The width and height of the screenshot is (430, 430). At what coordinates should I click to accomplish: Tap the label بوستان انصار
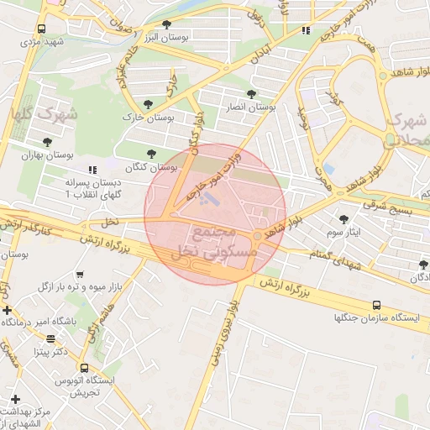click(x=251, y=107)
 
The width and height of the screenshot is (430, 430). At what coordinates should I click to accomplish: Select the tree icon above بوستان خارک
click(x=148, y=104)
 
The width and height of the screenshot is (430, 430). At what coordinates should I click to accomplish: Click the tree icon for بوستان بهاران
click(x=45, y=144)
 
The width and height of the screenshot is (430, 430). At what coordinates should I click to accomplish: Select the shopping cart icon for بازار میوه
click(x=80, y=275)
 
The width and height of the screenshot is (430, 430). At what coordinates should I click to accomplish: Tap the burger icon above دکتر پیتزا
click(x=51, y=339)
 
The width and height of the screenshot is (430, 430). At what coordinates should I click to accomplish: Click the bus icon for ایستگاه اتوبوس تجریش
click(x=83, y=368)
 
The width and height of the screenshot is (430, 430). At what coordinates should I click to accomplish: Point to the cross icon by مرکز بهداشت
click(x=14, y=398)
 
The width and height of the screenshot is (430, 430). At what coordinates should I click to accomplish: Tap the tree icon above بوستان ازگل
click(x=421, y=264)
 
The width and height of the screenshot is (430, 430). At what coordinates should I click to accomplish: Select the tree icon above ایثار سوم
click(x=343, y=218)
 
